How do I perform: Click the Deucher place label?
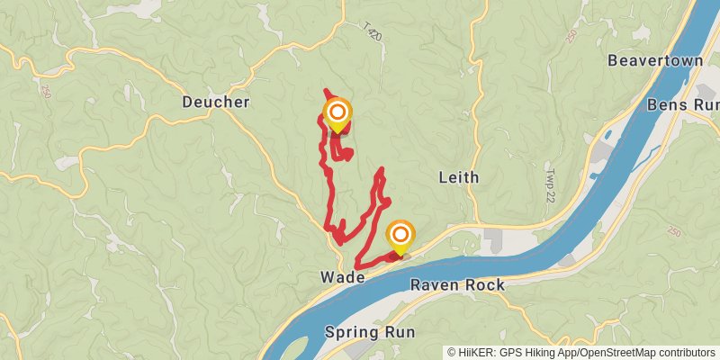[x=215, y=103]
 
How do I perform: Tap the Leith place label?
[x=458, y=176]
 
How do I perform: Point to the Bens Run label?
[x=682, y=104]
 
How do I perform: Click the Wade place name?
[x=342, y=278]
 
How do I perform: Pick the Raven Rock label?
[x=457, y=285]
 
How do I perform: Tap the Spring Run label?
[x=370, y=332]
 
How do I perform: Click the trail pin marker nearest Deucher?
[x=337, y=114]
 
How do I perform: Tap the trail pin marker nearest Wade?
[x=400, y=238]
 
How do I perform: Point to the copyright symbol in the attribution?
[x=452, y=353]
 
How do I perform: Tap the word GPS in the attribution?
[x=511, y=353]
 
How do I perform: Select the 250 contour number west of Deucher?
[x=46, y=91]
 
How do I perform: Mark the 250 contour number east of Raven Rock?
[x=674, y=231]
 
